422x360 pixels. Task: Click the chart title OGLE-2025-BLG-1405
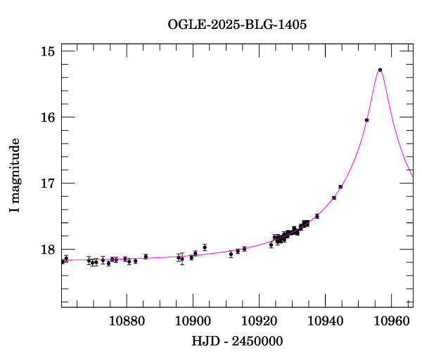237,24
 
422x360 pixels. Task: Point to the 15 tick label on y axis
48,51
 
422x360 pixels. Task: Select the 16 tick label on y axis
48,117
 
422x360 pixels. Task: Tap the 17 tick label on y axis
48,184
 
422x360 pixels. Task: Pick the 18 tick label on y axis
48,250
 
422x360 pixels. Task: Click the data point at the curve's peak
380,70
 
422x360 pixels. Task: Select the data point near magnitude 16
367,120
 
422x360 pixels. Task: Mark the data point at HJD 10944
340,186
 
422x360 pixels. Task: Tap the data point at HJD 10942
334,198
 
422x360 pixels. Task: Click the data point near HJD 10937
317,216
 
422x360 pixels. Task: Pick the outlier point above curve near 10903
205,247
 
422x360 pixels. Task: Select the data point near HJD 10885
146,257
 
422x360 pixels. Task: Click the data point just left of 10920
244,249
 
